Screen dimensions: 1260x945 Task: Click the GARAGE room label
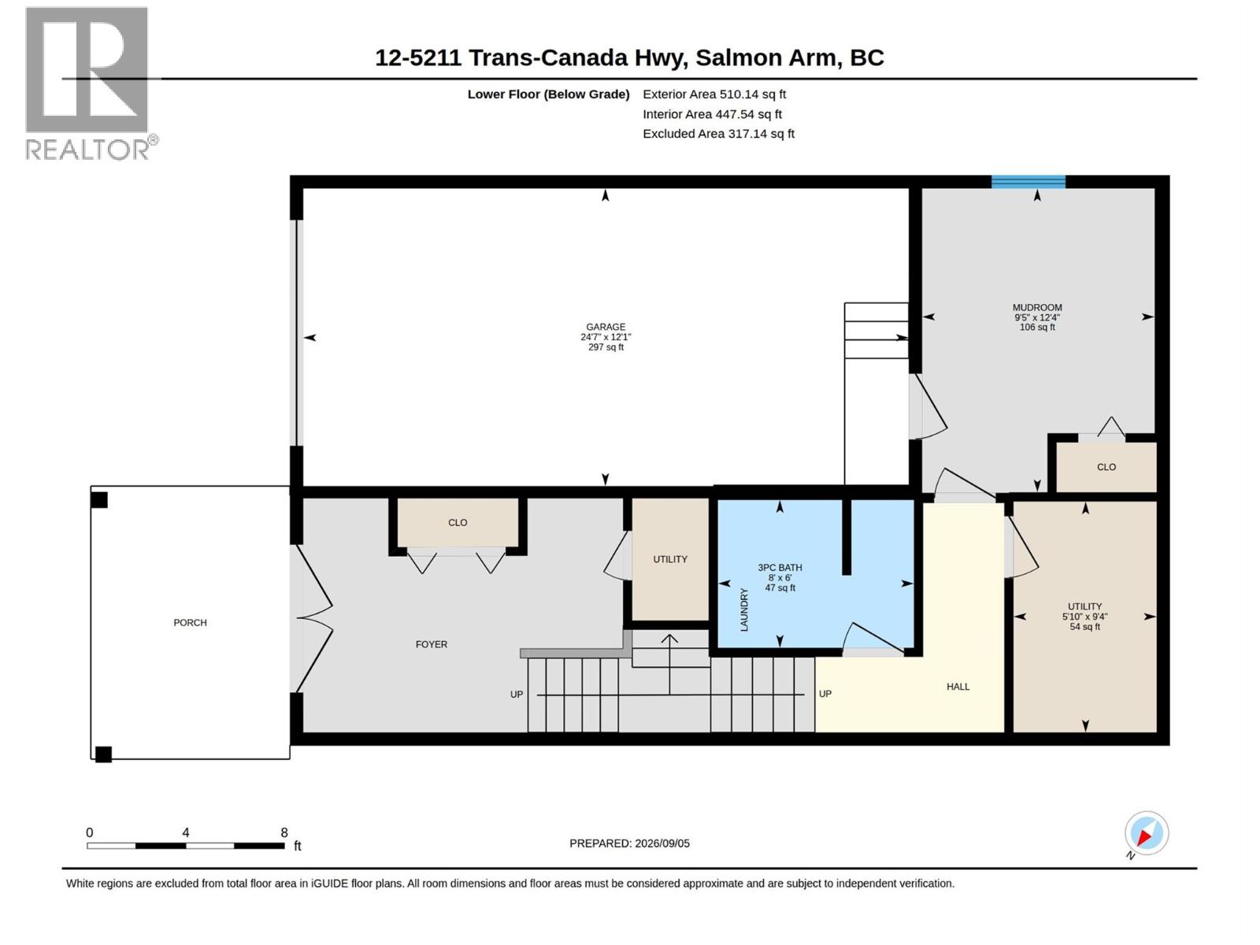pos(605,327)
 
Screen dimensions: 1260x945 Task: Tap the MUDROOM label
pos(1036,307)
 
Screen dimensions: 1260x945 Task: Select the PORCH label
pos(190,622)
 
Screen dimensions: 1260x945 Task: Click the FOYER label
pos(431,643)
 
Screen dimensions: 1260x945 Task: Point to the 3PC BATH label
pos(780,567)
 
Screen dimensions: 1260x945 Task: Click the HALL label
pos(958,686)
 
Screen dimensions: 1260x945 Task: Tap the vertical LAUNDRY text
pos(744,610)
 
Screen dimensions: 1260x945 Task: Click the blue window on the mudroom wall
pos(1028,181)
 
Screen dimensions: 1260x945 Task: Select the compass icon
pos(1146,833)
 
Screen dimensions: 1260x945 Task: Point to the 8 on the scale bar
pos(283,832)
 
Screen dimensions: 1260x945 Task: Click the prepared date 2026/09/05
pos(661,843)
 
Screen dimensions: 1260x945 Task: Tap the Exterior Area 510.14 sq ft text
pos(714,94)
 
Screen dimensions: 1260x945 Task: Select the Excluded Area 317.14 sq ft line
pos(718,134)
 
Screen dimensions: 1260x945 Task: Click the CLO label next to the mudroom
pos(1106,466)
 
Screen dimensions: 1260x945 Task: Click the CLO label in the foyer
pos(458,522)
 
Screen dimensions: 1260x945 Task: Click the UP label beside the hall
pos(825,694)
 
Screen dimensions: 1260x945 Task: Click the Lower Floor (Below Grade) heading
pos(548,94)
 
